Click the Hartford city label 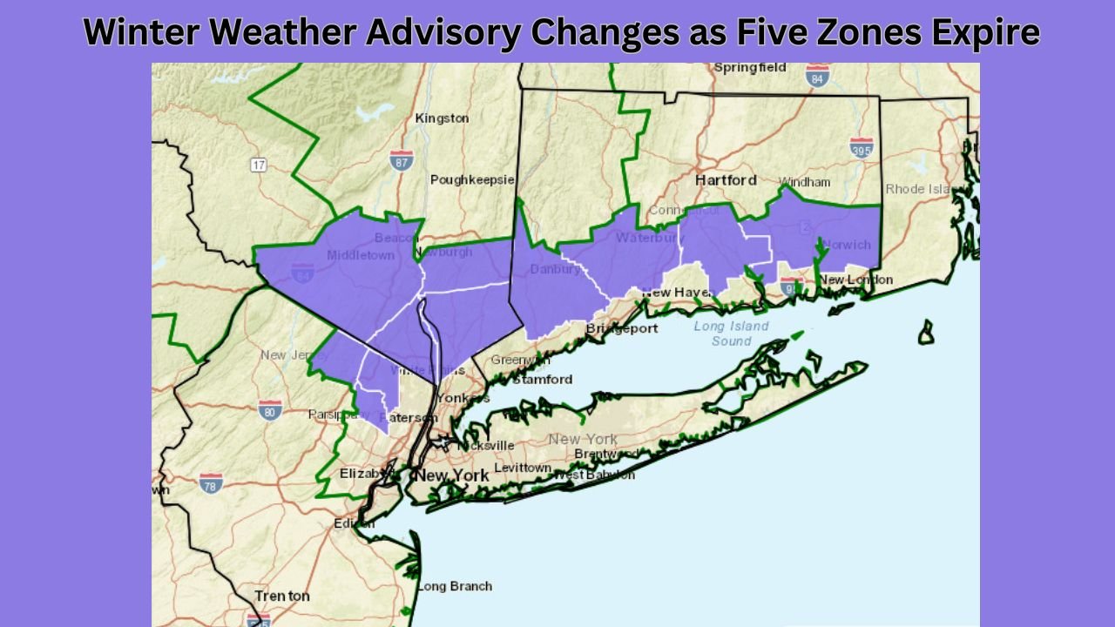[x=726, y=179]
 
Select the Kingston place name [x=442, y=118]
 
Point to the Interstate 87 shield [x=401, y=159]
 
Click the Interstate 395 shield [x=862, y=147]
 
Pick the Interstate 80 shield [x=270, y=409]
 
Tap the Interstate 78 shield [x=211, y=482]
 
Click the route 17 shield [x=259, y=165]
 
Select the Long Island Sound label [x=731, y=334]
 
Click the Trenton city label [x=281, y=596]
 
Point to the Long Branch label [x=454, y=586]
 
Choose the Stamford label [x=542, y=379]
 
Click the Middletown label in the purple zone [x=361, y=255]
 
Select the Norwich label [x=845, y=245]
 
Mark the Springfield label [x=749, y=67]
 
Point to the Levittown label [x=523, y=468]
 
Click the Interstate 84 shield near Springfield [x=817, y=74]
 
